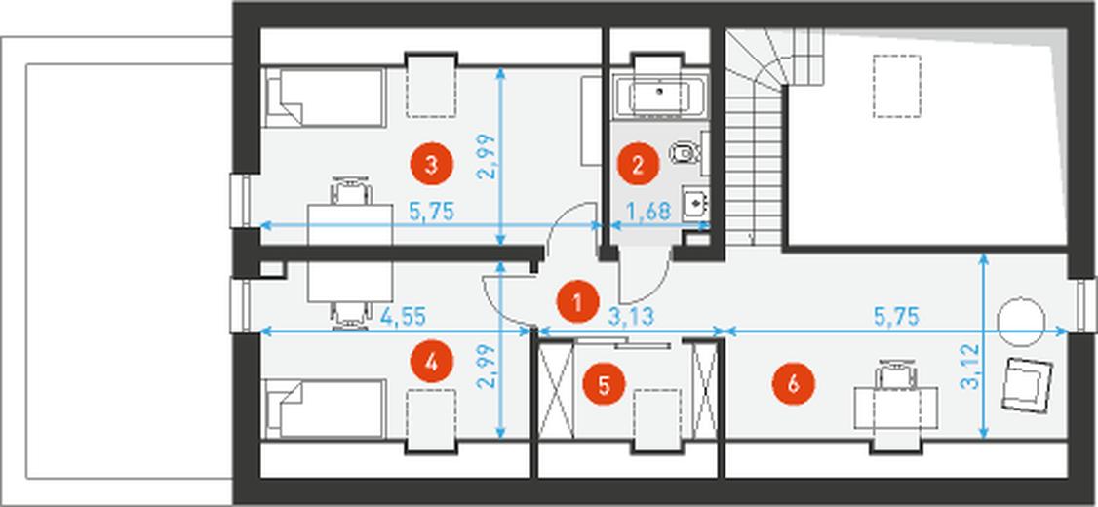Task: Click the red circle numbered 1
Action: click(577, 302)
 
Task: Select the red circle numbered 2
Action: click(637, 165)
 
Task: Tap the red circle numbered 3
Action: click(431, 166)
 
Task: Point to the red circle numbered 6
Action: click(793, 383)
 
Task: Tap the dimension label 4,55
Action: click(402, 317)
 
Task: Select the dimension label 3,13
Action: click(631, 317)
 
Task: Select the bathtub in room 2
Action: click(661, 97)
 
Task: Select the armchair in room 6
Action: click(1027, 384)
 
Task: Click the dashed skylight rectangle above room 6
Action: click(896, 86)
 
